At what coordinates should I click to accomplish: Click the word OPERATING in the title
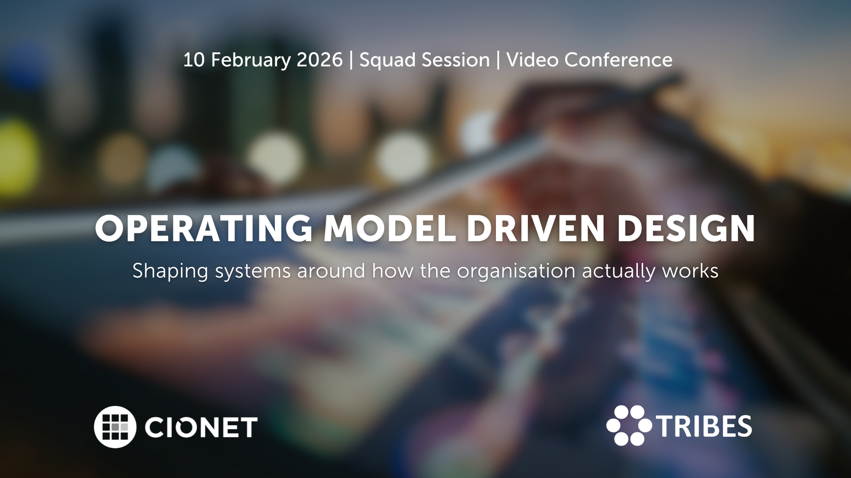click(x=204, y=228)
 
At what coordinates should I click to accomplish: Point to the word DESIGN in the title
click(x=686, y=228)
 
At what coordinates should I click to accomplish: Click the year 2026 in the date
click(x=320, y=60)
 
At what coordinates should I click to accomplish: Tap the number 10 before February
click(x=194, y=60)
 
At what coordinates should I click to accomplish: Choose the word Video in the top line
click(x=532, y=60)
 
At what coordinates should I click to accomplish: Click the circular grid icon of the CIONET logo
click(x=115, y=427)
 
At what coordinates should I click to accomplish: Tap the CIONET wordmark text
click(x=201, y=427)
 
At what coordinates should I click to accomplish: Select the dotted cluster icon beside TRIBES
click(x=629, y=425)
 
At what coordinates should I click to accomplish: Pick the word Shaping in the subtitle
click(x=170, y=271)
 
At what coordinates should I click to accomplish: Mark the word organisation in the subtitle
click(x=516, y=271)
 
